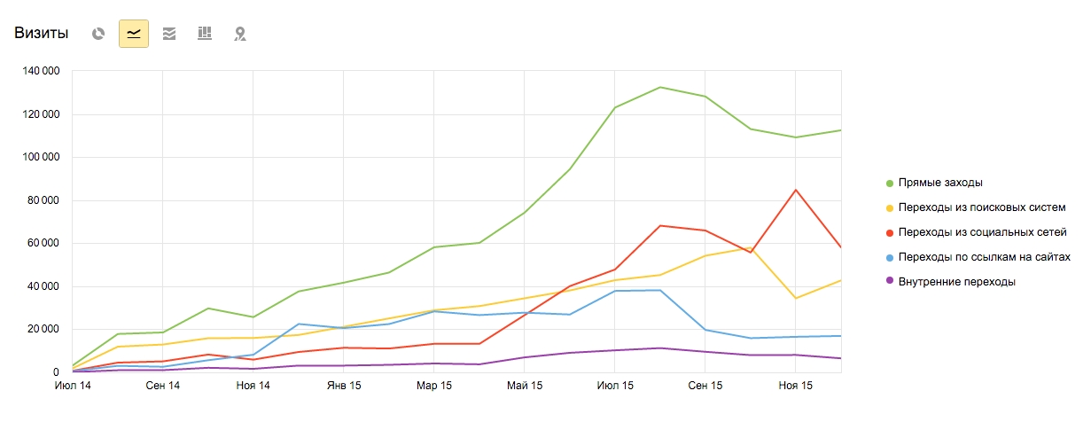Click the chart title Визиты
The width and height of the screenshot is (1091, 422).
(x=41, y=34)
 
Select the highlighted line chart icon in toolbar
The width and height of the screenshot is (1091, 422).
(x=134, y=34)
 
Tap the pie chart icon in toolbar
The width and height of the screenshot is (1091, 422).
(x=98, y=34)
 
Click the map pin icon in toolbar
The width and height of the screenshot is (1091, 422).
(x=239, y=34)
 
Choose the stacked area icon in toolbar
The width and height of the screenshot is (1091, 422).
(x=169, y=34)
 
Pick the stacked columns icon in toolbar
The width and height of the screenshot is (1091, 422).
(x=205, y=34)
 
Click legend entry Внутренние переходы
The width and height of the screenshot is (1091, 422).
(x=956, y=282)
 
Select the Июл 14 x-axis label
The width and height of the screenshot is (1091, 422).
(x=73, y=386)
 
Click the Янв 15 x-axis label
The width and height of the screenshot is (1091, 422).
(x=343, y=386)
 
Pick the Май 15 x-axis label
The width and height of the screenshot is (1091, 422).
(x=524, y=386)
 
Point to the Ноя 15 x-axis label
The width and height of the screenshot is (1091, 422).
(x=795, y=386)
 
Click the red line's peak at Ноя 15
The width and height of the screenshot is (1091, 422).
(x=795, y=190)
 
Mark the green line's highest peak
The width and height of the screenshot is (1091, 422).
(x=660, y=87)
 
